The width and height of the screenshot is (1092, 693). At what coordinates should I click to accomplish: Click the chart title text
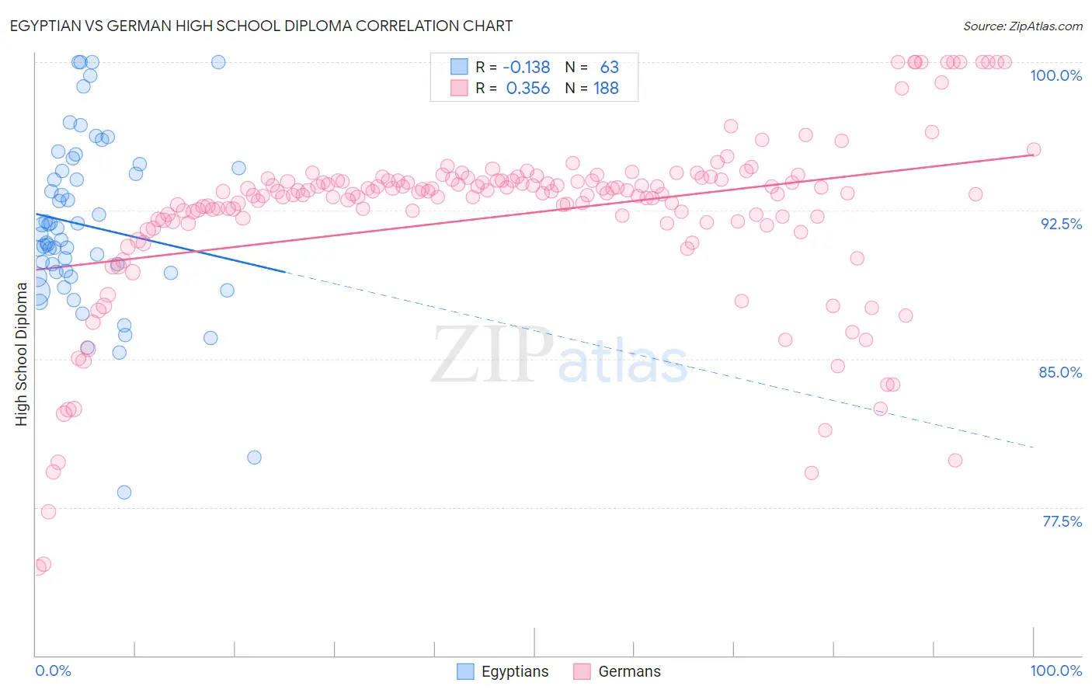pos(261,26)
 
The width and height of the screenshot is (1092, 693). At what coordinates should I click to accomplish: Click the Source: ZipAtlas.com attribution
pos(1022,26)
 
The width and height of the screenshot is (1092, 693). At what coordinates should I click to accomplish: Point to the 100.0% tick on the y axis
pos(1055,75)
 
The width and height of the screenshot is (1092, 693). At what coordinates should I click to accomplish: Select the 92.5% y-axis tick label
pos(1061,224)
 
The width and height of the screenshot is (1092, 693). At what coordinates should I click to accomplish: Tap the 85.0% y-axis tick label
pos(1060,372)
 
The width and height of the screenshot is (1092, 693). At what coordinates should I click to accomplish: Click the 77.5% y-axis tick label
pos(1062,521)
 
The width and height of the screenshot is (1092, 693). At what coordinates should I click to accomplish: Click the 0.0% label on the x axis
pos(53,670)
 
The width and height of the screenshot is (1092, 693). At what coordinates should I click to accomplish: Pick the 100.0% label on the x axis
pos(1055,670)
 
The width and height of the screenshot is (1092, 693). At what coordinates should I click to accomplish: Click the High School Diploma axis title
pos(22,353)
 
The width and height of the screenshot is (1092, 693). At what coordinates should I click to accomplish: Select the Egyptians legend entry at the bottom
pos(514,671)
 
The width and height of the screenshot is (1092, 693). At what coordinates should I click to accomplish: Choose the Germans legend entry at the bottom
pos(629,671)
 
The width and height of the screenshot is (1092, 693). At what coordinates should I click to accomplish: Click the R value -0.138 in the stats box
pos(527,68)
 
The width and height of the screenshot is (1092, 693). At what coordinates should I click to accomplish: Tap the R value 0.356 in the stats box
pos(527,89)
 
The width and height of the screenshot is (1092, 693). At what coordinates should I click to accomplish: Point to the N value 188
pos(606,89)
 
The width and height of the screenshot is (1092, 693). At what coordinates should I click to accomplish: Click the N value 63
pos(609,68)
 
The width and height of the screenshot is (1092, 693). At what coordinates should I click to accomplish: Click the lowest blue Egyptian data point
pos(124,493)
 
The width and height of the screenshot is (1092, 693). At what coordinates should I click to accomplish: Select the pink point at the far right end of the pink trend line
pos(1034,150)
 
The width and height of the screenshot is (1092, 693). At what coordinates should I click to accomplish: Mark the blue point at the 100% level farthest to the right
pos(218,62)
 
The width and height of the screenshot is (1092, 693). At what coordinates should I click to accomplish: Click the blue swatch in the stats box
pos(459,67)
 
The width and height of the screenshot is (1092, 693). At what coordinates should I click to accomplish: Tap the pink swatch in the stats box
pos(459,88)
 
